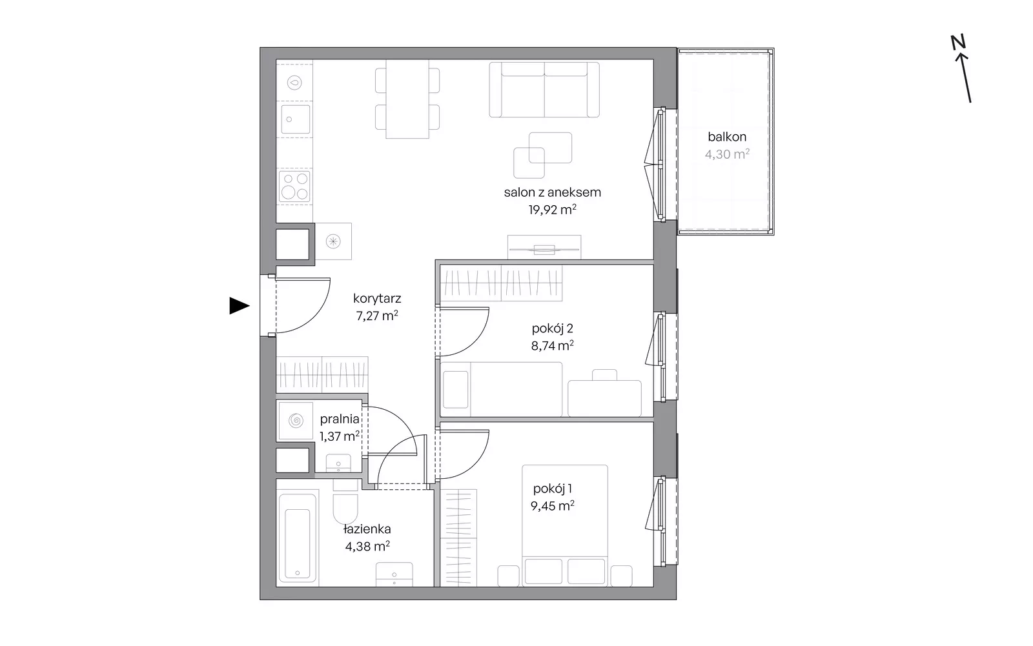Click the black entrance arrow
click(239, 306)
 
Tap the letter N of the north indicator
click(958, 43)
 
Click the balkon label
click(727, 137)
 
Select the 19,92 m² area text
click(553, 210)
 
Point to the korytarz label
click(377, 299)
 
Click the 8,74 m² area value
click(553, 345)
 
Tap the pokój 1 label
click(553, 489)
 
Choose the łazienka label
click(367, 529)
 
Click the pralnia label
click(340, 419)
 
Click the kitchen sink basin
click(295, 119)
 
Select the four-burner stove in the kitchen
click(294, 186)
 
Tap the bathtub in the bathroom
click(298, 538)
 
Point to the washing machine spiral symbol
click(296, 421)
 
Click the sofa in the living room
click(544, 90)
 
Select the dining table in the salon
click(407, 99)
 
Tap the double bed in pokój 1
click(565, 526)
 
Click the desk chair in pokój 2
click(604, 374)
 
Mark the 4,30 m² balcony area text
click(727, 154)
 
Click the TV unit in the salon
click(544, 248)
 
